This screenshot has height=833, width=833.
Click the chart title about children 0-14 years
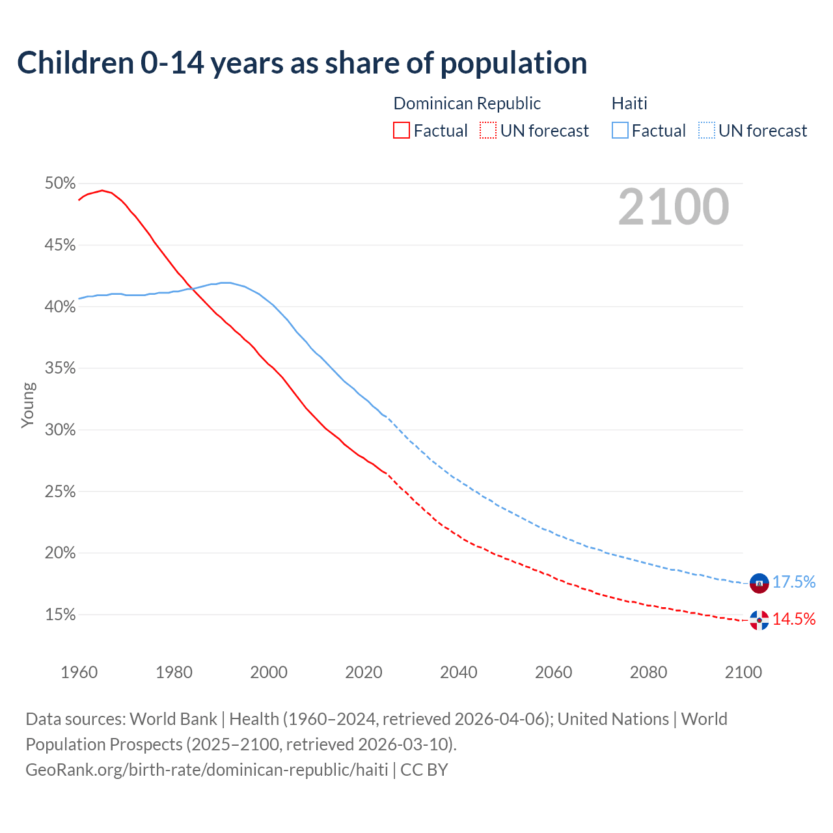coord(302,63)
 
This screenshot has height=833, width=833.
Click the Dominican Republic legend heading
coord(467,103)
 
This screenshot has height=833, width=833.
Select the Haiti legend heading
coord(629,103)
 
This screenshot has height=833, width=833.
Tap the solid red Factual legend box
coord(402,131)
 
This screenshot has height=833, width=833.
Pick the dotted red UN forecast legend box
coord(488,131)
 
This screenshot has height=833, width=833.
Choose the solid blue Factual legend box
coord(620,131)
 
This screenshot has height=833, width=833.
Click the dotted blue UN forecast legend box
coord(707,131)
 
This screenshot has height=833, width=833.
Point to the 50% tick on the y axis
coord(61,184)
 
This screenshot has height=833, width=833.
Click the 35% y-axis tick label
coord(61,368)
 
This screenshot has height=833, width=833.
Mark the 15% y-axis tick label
coord(61,615)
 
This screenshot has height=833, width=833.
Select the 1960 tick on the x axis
coord(79,672)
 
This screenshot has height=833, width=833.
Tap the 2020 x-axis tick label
coord(363,672)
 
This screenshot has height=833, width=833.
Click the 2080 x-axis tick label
coord(648,672)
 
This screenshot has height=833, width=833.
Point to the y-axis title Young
coord(28,405)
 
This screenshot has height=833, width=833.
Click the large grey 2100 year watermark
coord(674,207)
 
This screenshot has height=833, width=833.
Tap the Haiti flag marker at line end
coord(759,583)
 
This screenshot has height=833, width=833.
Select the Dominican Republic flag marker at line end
coord(759,620)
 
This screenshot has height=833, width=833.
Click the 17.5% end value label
coord(794,582)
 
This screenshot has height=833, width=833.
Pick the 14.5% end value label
coord(794,619)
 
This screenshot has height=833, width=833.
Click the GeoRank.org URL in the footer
coord(207,770)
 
